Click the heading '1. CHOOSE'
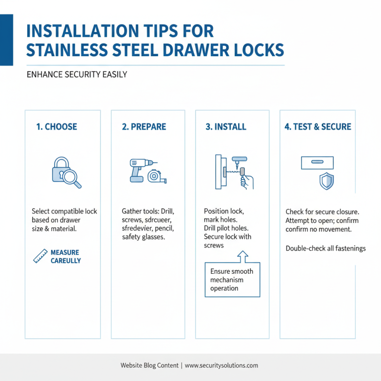click(x=57, y=127)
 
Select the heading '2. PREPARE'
click(x=144, y=127)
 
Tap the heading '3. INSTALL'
click(x=226, y=127)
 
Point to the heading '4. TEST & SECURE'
click(x=318, y=127)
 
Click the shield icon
click(x=327, y=181)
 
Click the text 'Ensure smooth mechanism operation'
click(x=231, y=280)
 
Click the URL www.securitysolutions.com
click(x=221, y=365)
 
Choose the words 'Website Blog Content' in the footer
click(x=149, y=365)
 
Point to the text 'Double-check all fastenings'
click(x=325, y=248)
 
